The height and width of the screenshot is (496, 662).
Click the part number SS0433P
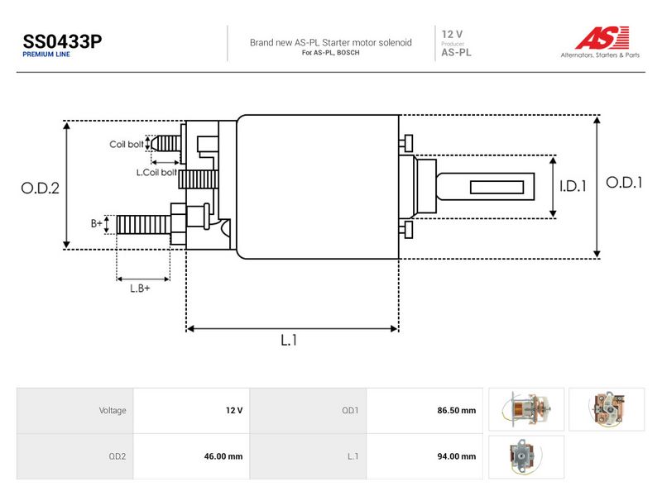click(x=62, y=41)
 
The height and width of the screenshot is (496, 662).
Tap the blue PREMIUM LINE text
click(x=46, y=55)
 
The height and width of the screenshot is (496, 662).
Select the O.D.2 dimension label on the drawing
click(x=40, y=188)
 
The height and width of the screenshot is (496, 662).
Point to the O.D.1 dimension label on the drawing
click(x=624, y=183)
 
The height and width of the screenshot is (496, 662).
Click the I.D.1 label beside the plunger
click(x=573, y=186)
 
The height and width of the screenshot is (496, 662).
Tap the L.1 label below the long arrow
click(x=289, y=340)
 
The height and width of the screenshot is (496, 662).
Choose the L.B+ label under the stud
click(x=140, y=289)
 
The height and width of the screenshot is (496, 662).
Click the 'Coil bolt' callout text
click(x=127, y=144)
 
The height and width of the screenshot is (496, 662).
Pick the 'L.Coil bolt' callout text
click(x=156, y=173)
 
